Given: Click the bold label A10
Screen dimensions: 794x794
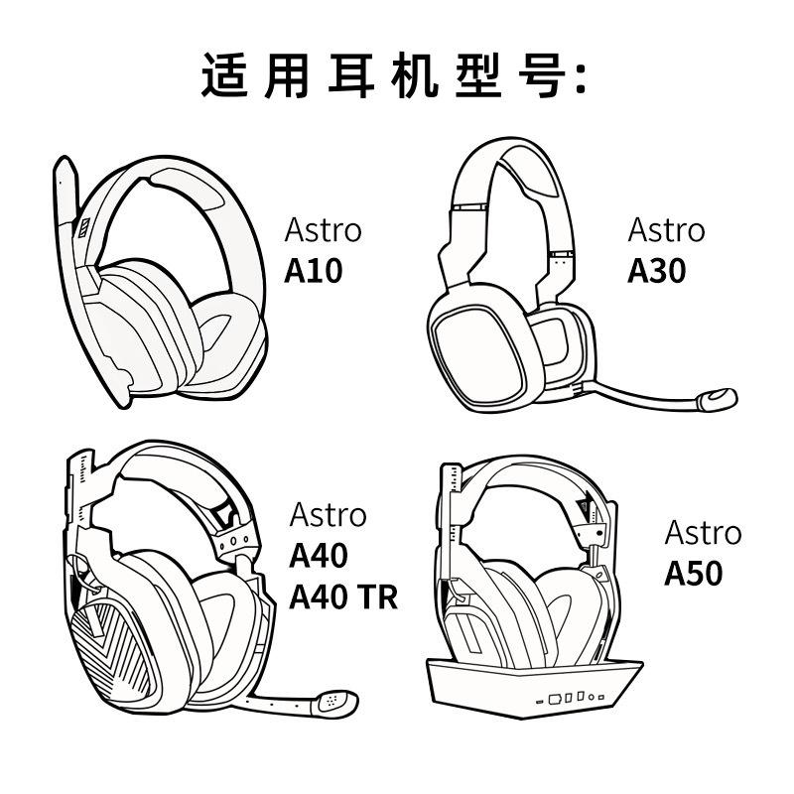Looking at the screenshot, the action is point(313,271).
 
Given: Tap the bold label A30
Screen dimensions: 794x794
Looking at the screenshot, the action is point(656,271).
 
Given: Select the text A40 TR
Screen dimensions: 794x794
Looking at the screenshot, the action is point(342,596).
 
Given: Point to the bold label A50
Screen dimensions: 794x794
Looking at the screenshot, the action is point(694,574).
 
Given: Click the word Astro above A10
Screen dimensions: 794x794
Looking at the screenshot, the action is point(324,231).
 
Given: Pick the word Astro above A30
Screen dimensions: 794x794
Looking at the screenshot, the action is point(666,231).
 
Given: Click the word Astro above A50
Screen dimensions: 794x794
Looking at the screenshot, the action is point(703,533).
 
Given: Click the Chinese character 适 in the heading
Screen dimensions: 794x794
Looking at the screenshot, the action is point(224,76).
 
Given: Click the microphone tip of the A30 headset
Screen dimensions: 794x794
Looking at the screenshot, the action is point(716,399).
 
